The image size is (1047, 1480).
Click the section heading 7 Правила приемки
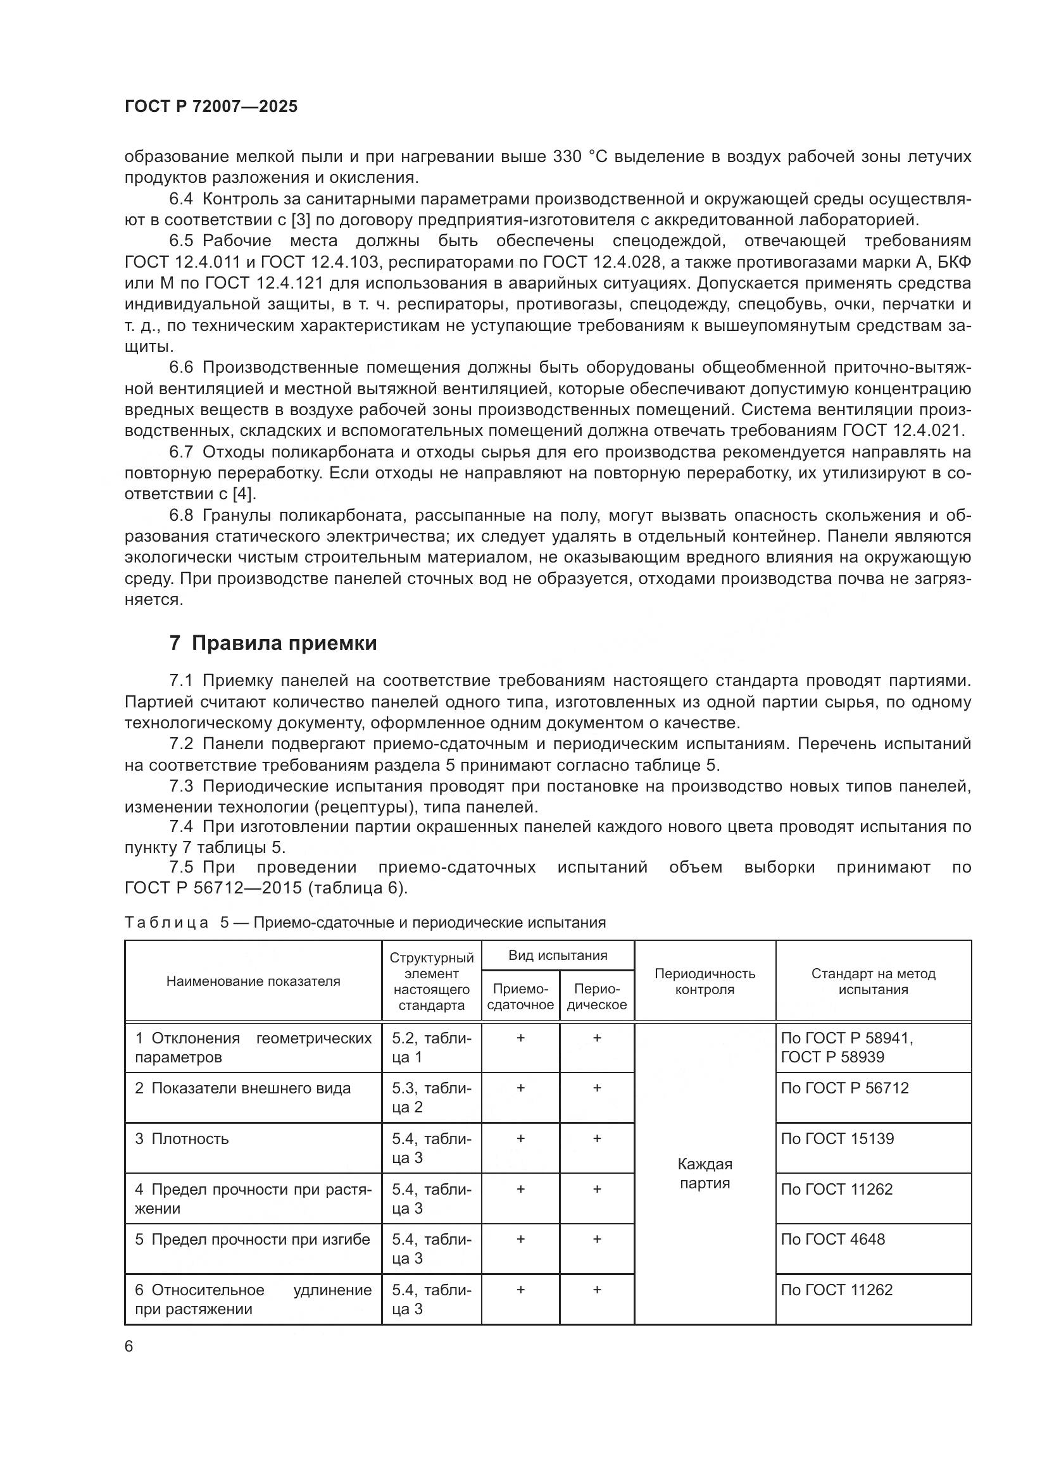pos(273,644)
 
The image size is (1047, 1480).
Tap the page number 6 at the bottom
pos(129,1347)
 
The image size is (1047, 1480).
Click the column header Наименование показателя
pos(253,981)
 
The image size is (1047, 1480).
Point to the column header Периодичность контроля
pos(705,981)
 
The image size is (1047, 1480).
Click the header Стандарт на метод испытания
pos(873,981)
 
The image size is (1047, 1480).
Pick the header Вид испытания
pos(558,955)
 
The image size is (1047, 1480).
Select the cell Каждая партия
pos(705,1173)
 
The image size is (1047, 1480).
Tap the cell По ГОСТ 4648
pos(832,1239)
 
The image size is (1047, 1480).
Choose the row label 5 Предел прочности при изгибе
pos(252,1239)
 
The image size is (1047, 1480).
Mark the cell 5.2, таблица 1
pos(431,1047)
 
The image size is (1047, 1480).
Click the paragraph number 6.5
pos(181,241)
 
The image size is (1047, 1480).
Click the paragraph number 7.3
pos(181,786)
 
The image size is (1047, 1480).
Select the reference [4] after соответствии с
pos(244,494)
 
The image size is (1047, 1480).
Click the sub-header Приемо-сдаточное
pos(520,997)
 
